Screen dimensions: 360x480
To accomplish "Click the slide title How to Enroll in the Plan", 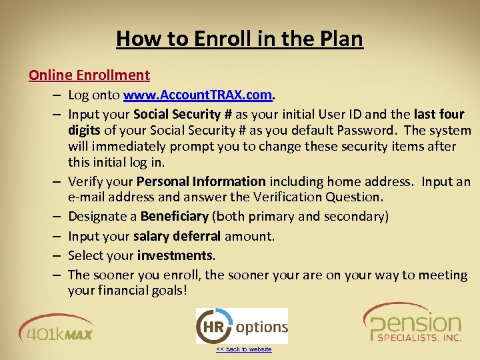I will (x=239, y=39).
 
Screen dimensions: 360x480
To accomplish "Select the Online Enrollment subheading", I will (x=89, y=75).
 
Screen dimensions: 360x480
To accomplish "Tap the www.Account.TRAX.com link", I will (x=197, y=95).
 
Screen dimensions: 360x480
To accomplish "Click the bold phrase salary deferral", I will (x=177, y=236).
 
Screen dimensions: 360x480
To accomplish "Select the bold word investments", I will (x=175, y=255).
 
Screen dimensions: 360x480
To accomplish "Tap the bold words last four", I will (x=439, y=114).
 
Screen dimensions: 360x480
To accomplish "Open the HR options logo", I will (x=241, y=326).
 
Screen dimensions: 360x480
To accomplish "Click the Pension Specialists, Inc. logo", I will (x=412, y=323).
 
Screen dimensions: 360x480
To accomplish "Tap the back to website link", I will (x=243, y=349).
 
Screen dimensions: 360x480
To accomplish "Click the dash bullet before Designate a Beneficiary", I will (x=59, y=216).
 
